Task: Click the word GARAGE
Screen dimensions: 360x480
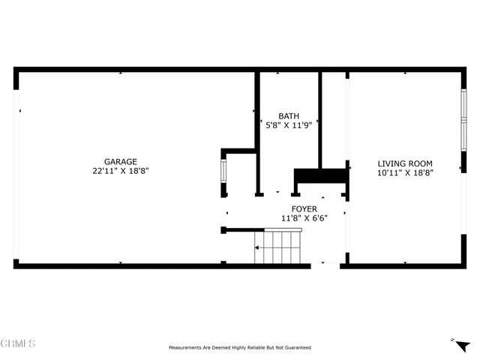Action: [x=120, y=161]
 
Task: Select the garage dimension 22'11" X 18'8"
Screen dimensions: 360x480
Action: [x=120, y=171]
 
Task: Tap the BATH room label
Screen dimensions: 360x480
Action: [x=289, y=116]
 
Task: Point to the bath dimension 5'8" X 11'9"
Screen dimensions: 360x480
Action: [x=289, y=126]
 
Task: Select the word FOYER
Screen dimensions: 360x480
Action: [x=304, y=209]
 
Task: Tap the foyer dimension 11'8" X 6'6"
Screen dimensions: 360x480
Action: [x=304, y=218]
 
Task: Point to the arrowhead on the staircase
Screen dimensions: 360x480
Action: [x=257, y=247]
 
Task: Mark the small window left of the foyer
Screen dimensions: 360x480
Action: [x=223, y=172]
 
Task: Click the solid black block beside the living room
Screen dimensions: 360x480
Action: [x=321, y=175]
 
